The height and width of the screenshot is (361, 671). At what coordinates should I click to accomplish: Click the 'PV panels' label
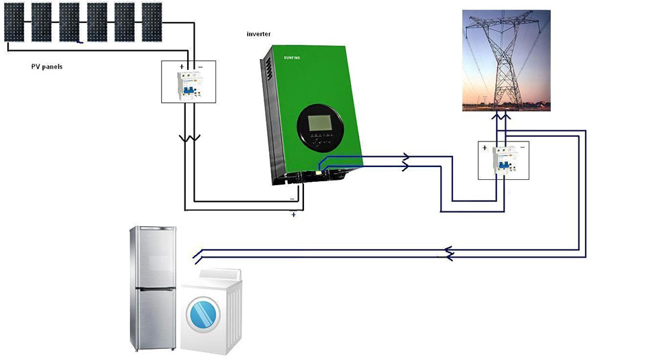point(47,66)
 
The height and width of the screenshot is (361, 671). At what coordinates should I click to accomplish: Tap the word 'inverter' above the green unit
point(258,34)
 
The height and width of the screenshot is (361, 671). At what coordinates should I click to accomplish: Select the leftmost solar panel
point(14,22)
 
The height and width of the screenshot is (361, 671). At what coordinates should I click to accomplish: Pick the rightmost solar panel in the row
point(152,22)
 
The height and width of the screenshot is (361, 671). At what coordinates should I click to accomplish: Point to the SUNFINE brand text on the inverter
point(292,58)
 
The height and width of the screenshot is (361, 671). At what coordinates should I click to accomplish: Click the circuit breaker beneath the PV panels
point(189,86)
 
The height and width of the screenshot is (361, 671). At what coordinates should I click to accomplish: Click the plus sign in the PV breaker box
point(181,66)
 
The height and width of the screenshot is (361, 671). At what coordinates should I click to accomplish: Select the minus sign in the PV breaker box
point(200,67)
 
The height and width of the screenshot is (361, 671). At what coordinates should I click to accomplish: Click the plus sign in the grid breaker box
point(484,148)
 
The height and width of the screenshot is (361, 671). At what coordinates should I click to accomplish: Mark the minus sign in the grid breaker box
point(522,148)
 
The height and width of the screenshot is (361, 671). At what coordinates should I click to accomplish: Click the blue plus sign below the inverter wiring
point(294,215)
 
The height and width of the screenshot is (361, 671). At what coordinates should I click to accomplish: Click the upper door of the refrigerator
point(154,258)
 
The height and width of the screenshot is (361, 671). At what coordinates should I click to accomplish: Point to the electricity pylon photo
point(506,60)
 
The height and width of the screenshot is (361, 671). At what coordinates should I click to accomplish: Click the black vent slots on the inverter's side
point(269,69)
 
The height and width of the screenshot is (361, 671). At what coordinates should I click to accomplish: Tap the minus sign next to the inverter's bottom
point(293,199)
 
